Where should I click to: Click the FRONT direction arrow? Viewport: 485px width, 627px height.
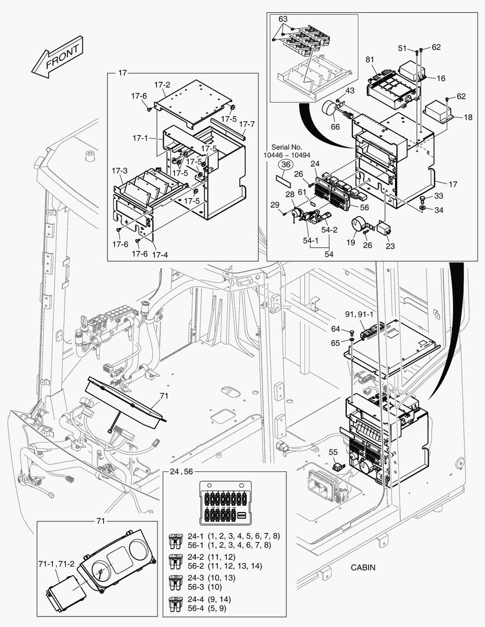click(56, 58)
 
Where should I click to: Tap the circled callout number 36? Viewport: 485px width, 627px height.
click(285, 165)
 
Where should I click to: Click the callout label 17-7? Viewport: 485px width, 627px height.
click(247, 125)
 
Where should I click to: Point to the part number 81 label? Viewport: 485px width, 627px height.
click(370, 60)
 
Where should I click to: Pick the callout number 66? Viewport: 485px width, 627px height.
click(335, 127)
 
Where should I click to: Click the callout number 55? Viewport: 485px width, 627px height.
click(333, 452)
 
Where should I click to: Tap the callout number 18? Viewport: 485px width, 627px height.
click(468, 117)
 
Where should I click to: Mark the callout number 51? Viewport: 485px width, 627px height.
click(402, 48)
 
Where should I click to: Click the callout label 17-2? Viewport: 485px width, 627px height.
click(162, 85)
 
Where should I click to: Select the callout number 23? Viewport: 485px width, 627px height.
click(390, 246)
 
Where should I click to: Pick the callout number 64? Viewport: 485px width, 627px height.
click(335, 329)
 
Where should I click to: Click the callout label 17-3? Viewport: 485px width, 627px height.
click(120, 171)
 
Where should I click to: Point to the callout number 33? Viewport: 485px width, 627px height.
click(439, 196)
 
